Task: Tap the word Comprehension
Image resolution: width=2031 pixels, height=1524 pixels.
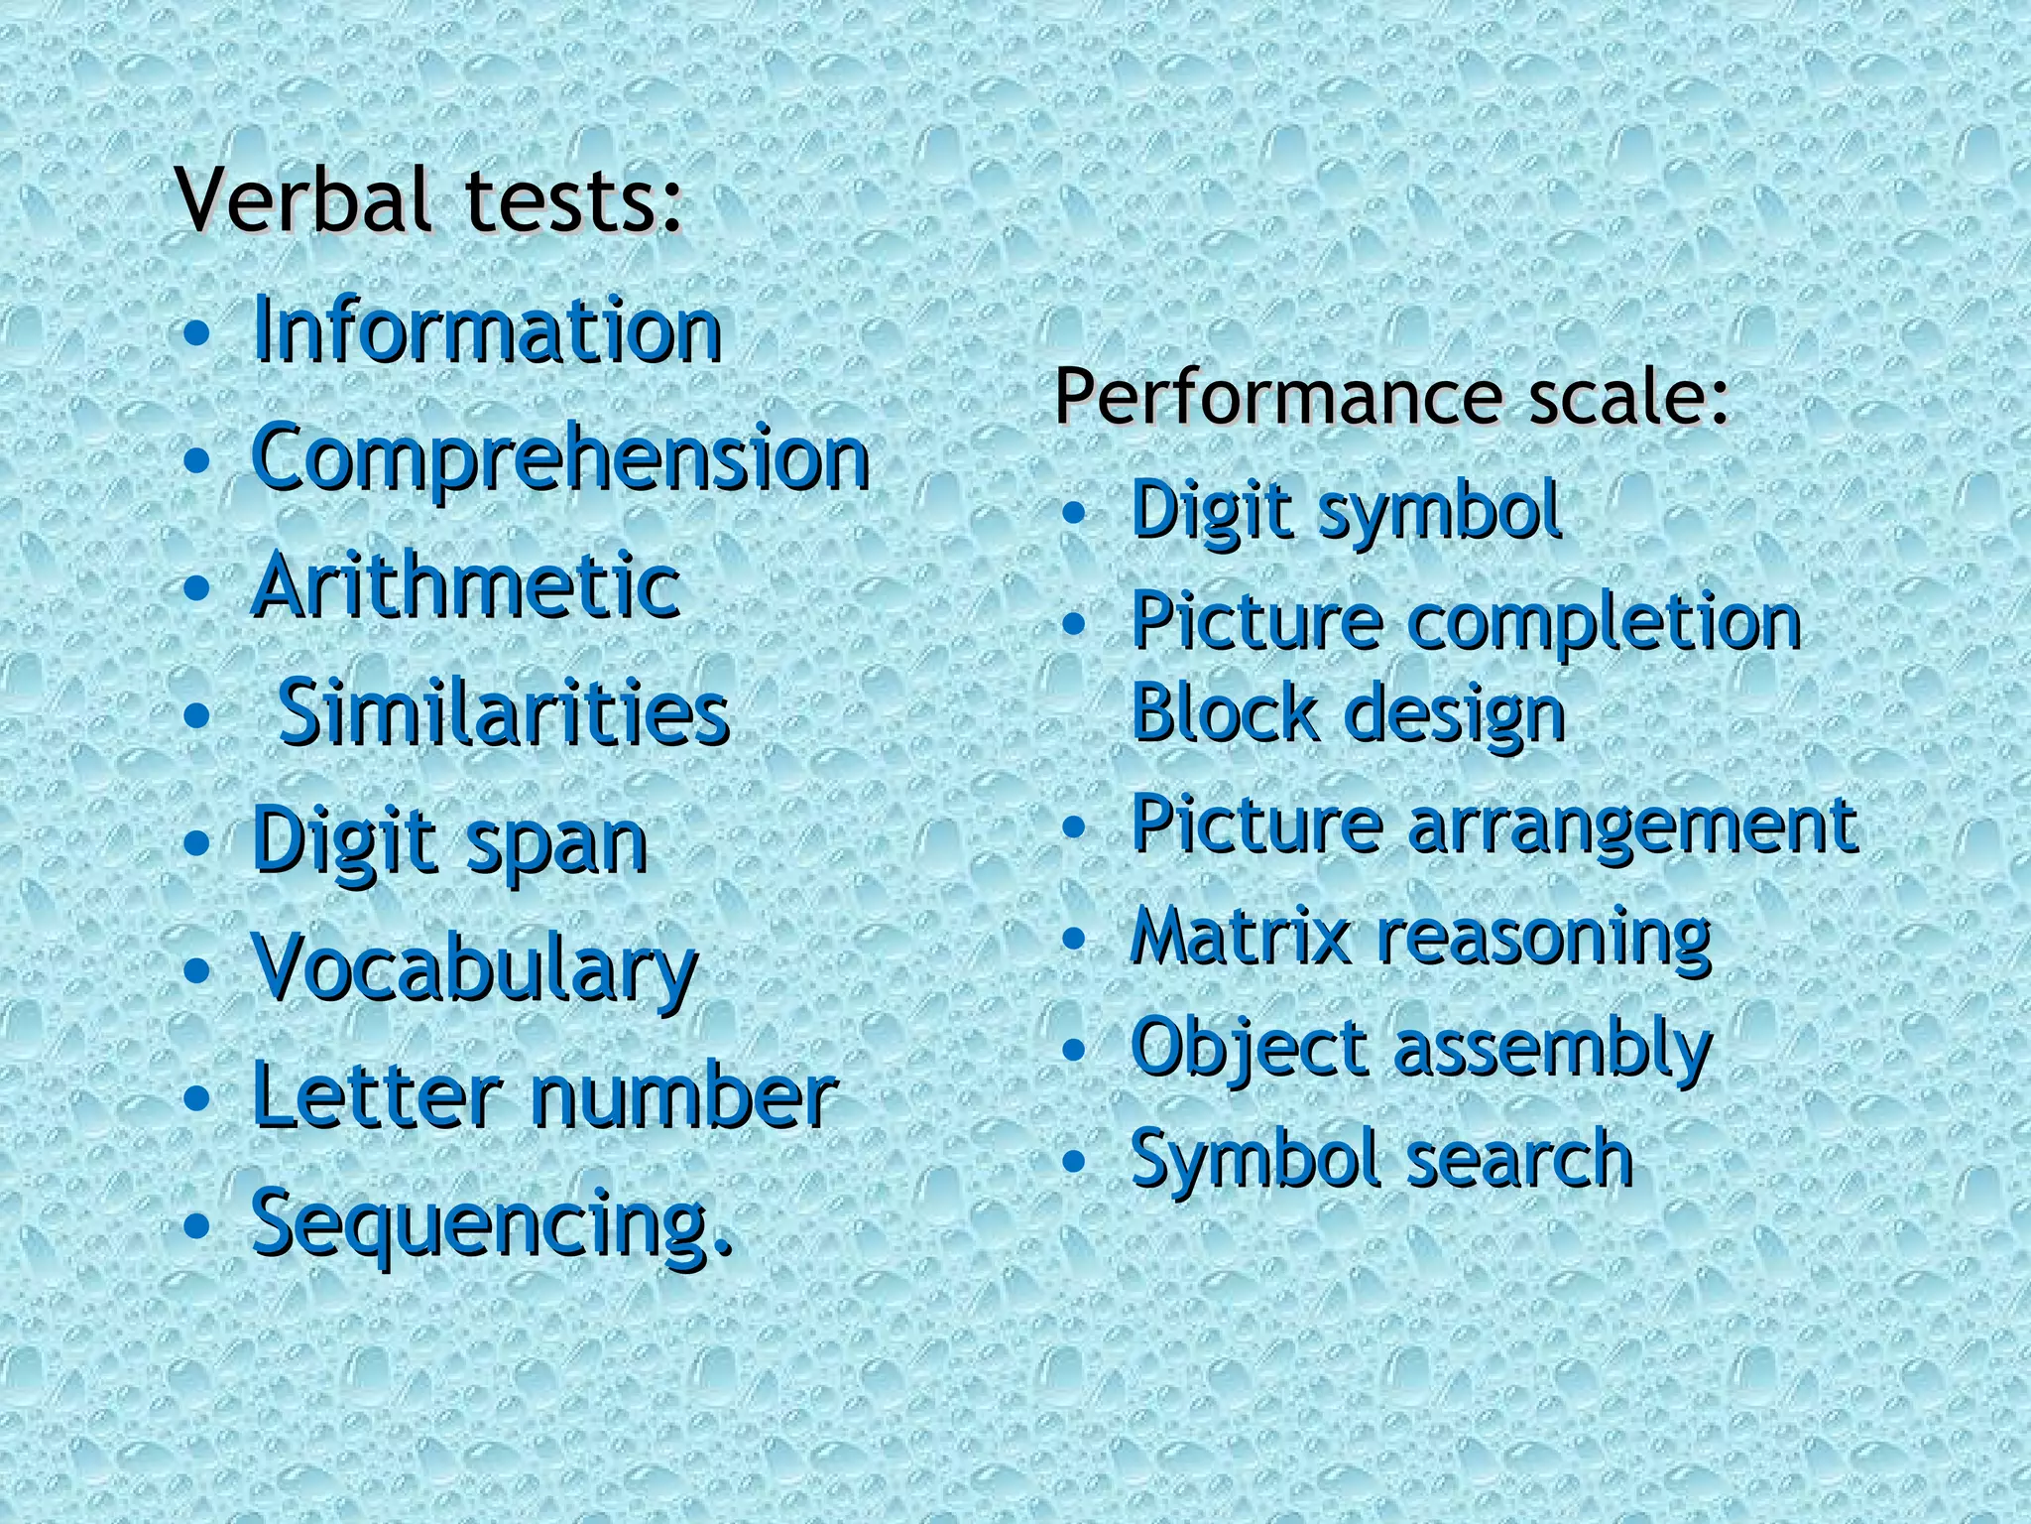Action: point(561,458)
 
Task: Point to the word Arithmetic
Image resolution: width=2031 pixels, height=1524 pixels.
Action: point(466,585)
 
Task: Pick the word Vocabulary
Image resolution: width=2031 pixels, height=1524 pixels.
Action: point(475,968)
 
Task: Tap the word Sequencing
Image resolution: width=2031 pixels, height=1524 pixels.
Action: point(492,1224)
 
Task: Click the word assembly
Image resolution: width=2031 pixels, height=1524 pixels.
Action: point(1552,1050)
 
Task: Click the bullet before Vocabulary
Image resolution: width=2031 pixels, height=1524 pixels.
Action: point(197,969)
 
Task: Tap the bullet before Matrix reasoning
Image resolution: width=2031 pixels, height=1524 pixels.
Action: point(1073,938)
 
